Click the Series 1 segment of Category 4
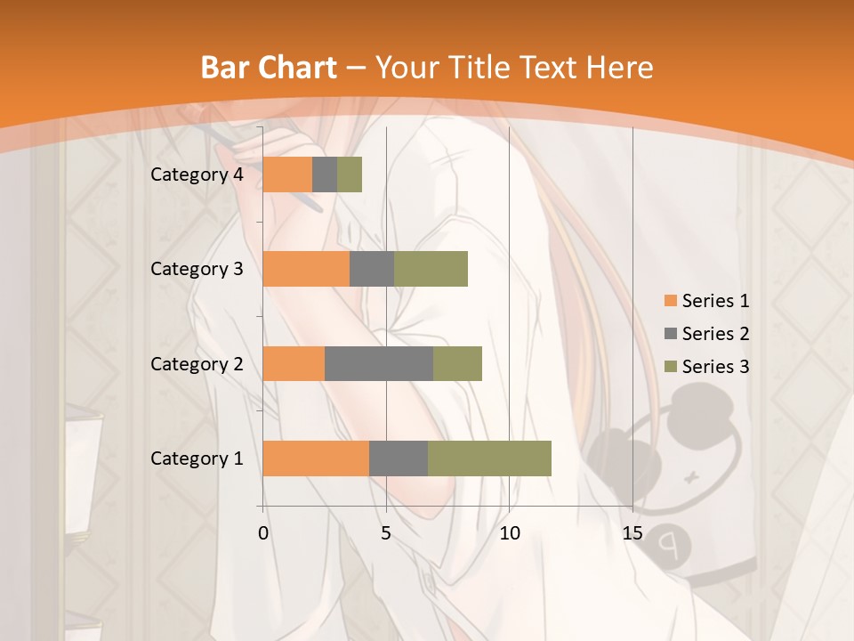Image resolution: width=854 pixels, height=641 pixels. pyautogui.click(x=287, y=174)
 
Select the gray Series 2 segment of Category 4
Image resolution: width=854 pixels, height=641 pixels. pyautogui.click(x=325, y=174)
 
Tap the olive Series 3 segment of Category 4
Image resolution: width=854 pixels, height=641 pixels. pyautogui.click(x=350, y=174)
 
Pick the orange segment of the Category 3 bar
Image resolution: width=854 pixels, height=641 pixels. pyautogui.click(x=306, y=269)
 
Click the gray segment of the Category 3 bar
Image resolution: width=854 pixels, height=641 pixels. pyautogui.click(x=372, y=269)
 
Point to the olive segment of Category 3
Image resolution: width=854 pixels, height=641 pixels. pyautogui.click(x=431, y=269)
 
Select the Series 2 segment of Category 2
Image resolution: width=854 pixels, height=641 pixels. pyautogui.click(x=379, y=363)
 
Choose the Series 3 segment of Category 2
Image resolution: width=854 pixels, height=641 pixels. pyautogui.click(x=457, y=363)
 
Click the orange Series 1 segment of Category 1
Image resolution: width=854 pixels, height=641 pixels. pyautogui.click(x=316, y=458)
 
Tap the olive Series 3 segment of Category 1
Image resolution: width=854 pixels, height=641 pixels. pyautogui.click(x=489, y=458)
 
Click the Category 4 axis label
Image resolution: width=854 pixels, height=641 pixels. pyautogui.click(x=197, y=174)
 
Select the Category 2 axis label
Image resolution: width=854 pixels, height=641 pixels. pyautogui.click(x=197, y=363)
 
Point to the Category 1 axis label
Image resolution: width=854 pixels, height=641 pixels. pyautogui.click(x=197, y=458)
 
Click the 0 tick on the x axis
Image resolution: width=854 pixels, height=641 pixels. pyautogui.click(x=263, y=533)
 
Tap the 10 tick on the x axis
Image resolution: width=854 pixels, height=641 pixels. pyautogui.click(x=509, y=533)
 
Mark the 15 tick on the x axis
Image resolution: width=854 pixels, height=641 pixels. pyautogui.click(x=632, y=533)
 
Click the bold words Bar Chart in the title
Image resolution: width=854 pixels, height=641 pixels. pyautogui.click(x=269, y=68)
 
